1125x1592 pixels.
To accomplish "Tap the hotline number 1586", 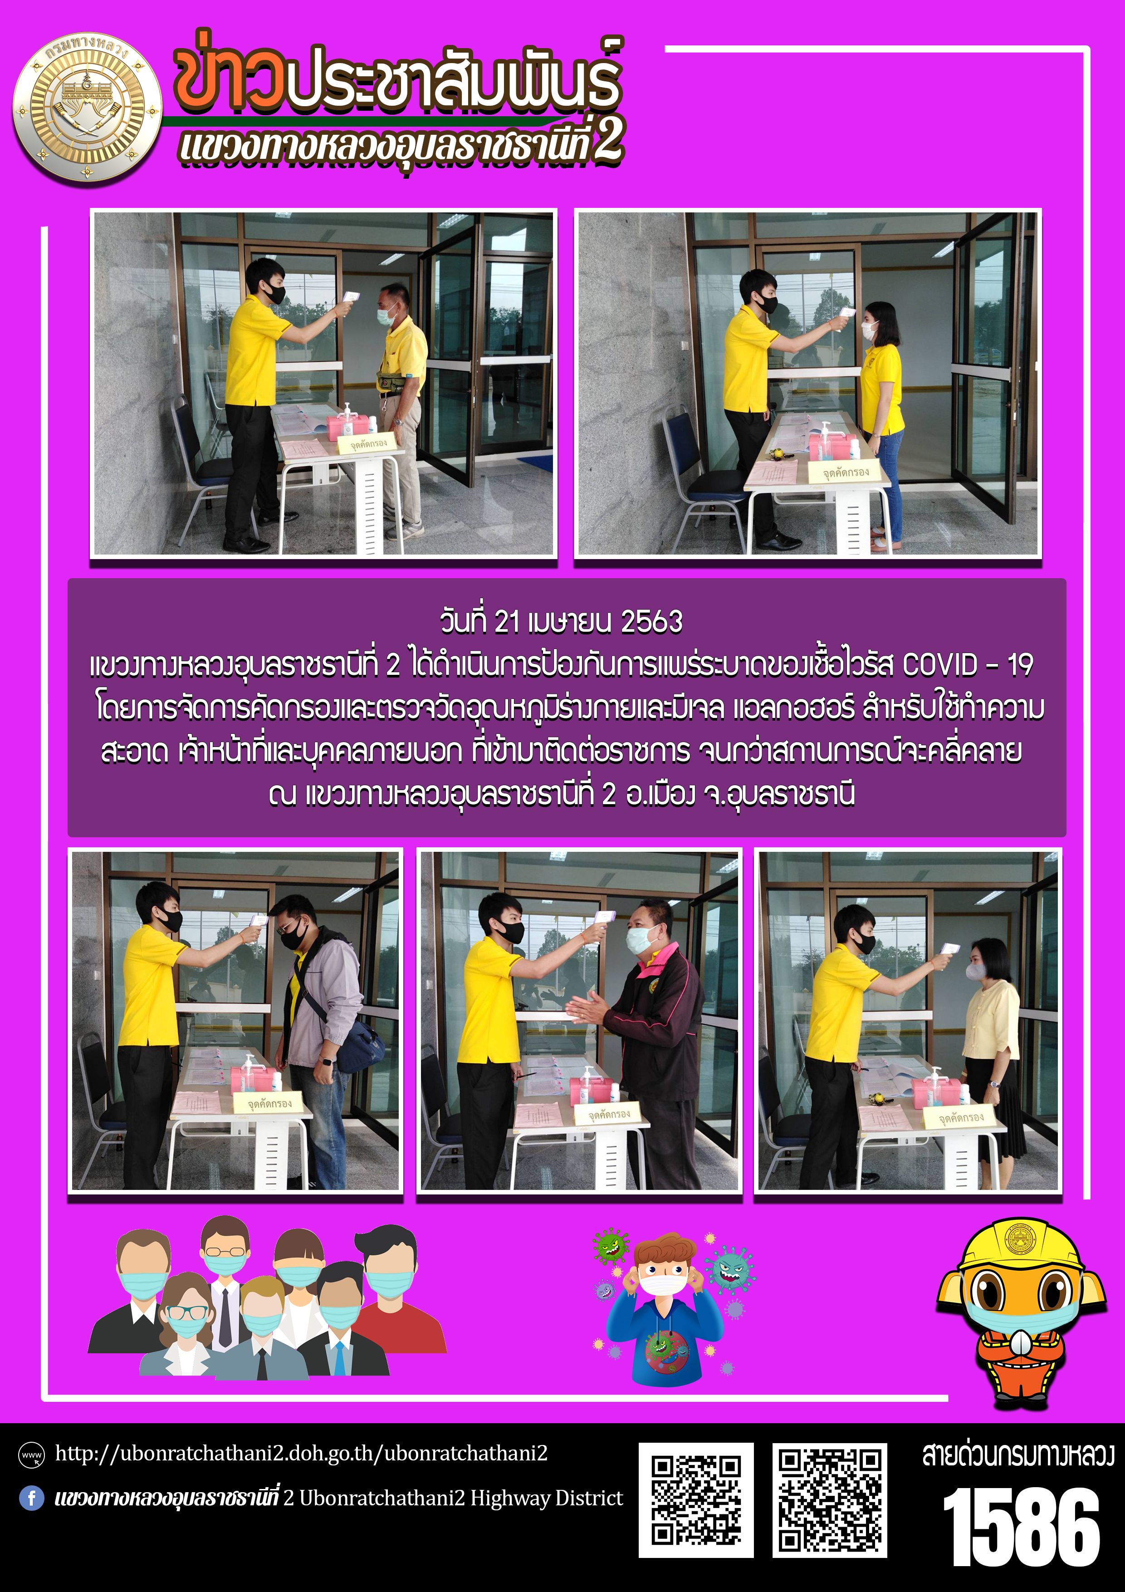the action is click(1021, 1526).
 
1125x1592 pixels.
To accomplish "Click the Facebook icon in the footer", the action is click(32, 1498).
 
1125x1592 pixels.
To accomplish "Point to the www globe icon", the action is click(32, 1454).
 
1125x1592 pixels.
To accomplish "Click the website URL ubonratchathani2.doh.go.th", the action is click(302, 1453).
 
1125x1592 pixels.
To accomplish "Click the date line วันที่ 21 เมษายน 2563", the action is click(562, 621).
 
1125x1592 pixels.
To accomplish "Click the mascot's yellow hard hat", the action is click(1020, 1248).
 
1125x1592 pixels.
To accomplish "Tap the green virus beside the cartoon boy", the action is click(611, 1246).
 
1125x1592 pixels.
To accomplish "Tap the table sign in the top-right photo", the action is click(846, 472).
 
